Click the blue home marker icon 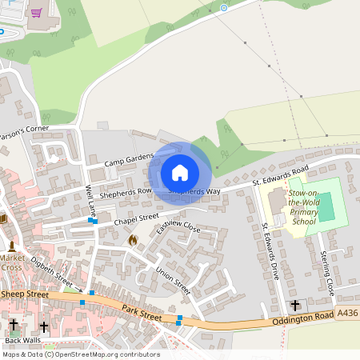tap(180, 173)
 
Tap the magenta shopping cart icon tap(36, 13)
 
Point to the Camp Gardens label tap(128, 160)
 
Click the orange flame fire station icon tap(133, 238)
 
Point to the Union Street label tap(173, 280)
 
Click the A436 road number tap(346, 314)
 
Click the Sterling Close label tap(326, 271)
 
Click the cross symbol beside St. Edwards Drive tap(295, 305)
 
